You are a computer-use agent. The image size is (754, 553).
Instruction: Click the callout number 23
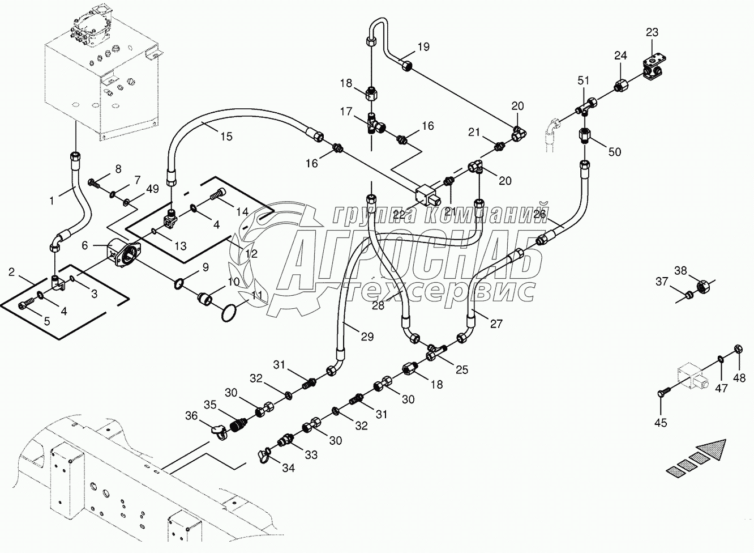click(652, 32)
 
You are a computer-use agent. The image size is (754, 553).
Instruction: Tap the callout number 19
click(423, 46)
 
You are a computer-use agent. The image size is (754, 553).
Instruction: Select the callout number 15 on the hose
click(226, 136)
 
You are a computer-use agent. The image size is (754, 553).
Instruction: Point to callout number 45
click(661, 423)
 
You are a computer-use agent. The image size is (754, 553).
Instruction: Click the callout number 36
click(191, 416)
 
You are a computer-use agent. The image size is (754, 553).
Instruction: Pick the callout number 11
click(256, 295)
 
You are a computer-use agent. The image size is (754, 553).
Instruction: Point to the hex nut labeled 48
click(738, 348)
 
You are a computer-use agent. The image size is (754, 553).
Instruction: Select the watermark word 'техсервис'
click(442, 290)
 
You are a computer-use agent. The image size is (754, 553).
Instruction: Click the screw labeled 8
click(93, 183)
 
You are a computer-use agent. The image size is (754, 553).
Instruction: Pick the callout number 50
click(614, 151)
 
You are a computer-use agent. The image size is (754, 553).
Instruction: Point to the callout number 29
click(367, 337)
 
